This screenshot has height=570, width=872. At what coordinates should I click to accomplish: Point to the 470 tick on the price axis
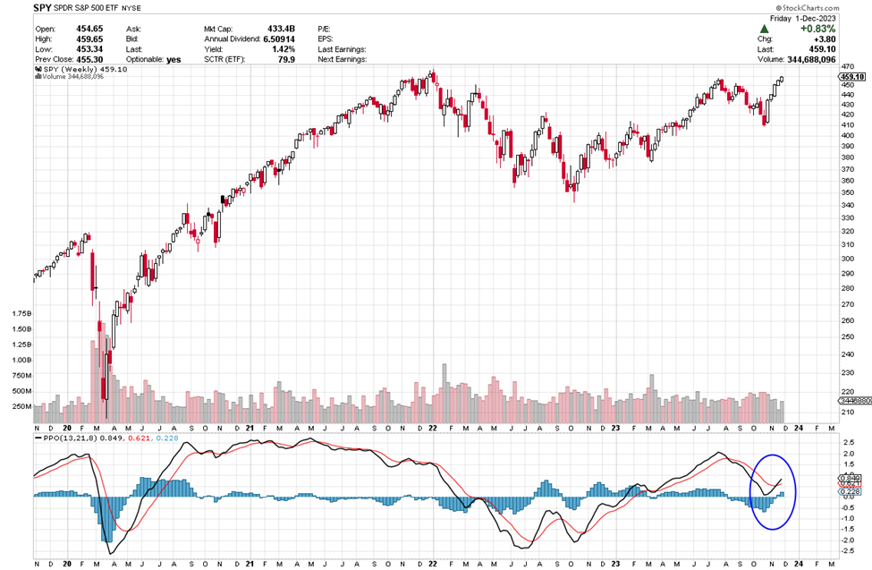846,66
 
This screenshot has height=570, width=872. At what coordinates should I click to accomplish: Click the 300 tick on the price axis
846,259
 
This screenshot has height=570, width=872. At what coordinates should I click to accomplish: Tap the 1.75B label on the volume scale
20,314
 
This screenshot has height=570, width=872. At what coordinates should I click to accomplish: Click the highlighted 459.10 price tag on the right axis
850,77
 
